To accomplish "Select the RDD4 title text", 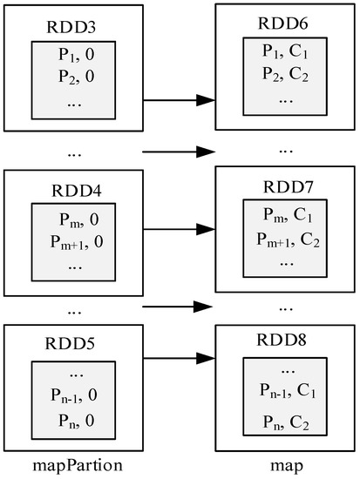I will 74,191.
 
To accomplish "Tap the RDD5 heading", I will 74,341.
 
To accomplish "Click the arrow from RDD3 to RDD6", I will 179,100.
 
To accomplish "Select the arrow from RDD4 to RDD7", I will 179,231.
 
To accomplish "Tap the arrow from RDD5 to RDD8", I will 179,357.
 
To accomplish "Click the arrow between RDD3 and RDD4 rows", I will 179,152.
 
